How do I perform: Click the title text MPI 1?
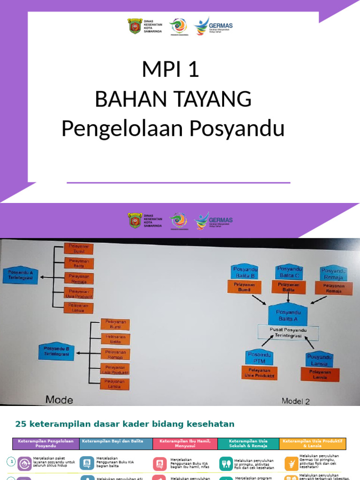(x=171, y=69)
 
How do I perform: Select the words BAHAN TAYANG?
(x=173, y=99)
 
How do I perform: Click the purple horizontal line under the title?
(x=179, y=182)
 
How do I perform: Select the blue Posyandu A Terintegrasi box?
(x=21, y=275)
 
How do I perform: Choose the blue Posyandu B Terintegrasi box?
(x=56, y=352)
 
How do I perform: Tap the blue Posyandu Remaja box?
(x=334, y=273)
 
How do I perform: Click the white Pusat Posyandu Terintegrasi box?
(x=288, y=332)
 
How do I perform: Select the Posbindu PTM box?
(x=259, y=358)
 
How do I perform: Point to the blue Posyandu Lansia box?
(x=320, y=360)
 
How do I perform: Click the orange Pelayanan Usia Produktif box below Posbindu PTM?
(x=259, y=373)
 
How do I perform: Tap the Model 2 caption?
(x=295, y=401)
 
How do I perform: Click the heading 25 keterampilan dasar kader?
(x=125, y=424)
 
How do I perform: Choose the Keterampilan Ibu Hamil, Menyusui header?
(x=185, y=443)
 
